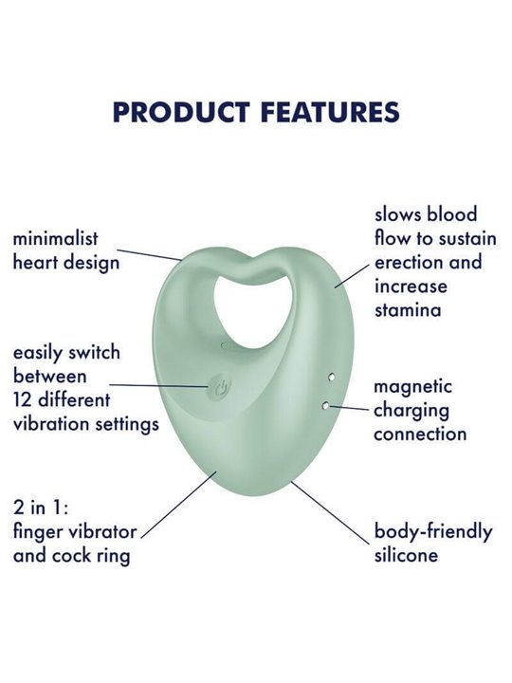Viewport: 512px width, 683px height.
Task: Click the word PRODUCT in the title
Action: click(x=181, y=112)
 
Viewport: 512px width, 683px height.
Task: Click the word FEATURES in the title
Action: click(x=330, y=112)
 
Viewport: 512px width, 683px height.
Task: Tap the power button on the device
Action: click(x=220, y=388)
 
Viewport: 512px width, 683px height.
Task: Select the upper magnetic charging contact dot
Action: click(x=331, y=377)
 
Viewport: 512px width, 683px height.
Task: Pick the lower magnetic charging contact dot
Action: click(x=325, y=406)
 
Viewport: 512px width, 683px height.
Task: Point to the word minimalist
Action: click(x=56, y=239)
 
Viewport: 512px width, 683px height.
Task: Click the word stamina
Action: click(x=408, y=310)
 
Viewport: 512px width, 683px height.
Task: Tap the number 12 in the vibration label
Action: click(x=23, y=400)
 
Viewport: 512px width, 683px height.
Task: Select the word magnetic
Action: click(x=413, y=387)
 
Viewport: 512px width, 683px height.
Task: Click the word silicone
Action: click(x=406, y=555)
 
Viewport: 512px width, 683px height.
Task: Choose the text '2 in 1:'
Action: click(x=41, y=508)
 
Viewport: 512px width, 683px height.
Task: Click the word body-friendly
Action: click(x=433, y=532)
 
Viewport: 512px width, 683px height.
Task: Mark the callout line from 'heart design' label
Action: click(x=150, y=255)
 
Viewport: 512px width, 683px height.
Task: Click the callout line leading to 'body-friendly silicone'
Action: click(x=331, y=512)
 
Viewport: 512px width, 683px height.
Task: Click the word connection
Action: click(x=420, y=434)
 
